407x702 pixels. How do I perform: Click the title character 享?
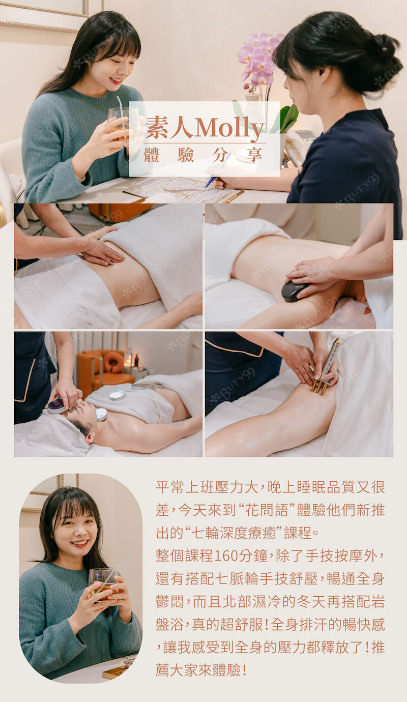click(x=254, y=155)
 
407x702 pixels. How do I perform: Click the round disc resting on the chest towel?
click(x=118, y=394)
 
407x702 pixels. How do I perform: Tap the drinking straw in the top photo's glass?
click(x=121, y=111)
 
